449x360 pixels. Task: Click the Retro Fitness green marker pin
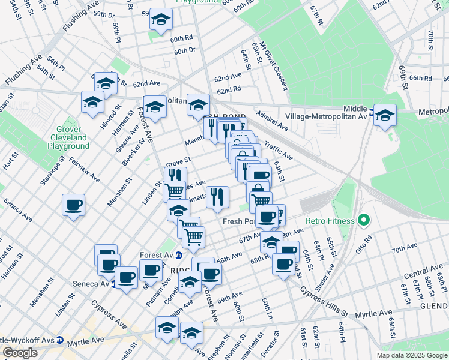(363, 221)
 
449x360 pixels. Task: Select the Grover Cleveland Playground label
(73, 137)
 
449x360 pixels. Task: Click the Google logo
(20, 353)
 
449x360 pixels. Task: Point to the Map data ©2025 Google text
(412, 355)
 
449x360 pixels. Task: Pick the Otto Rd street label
(364, 245)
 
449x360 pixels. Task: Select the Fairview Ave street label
(85, 170)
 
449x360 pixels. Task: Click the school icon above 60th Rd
(160, 19)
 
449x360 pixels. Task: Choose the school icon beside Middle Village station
(385, 115)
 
